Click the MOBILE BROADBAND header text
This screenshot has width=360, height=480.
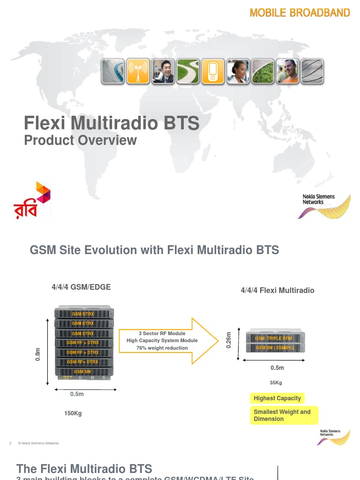click(300, 13)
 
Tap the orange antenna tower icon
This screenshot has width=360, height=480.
click(137, 71)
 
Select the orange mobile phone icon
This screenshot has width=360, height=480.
click(213, 71)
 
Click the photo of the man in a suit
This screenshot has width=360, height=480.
click(163, 71)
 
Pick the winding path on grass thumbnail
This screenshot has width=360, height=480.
click(188, 71)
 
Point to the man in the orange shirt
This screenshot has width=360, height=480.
click(287, 71)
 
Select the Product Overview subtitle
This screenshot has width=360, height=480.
click(80, 140)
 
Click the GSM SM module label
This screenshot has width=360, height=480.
click(82, 372)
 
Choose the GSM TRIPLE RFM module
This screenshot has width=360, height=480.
click(274, 338)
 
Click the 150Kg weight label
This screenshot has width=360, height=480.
click(73, 413)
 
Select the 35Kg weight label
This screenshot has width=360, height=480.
click(276, 382)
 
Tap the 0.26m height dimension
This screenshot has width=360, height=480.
click(229, 340)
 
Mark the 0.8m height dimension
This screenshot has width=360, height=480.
click(38, 354)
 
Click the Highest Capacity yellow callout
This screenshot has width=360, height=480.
click(277, 398)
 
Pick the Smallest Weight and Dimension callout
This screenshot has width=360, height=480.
click(283, 415)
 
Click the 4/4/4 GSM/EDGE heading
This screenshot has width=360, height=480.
click(81, 287)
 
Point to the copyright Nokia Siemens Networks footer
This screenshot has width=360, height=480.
click(38, 443)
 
